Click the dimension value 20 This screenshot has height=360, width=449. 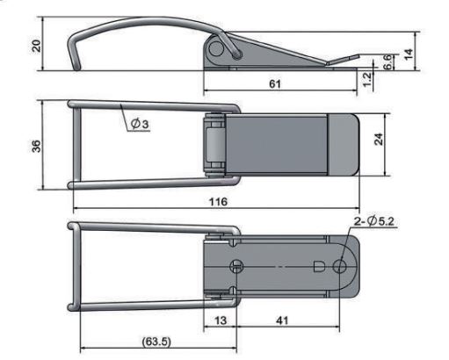(36, 46)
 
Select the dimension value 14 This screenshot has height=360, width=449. (409, 54)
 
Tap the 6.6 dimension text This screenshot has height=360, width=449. (387, 61)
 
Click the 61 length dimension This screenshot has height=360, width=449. (275, 84)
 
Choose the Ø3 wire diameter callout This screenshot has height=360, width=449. (140, 124)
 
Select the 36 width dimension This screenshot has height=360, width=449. (36, 146)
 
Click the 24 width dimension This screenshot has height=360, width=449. (379, 139)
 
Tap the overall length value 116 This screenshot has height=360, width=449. (218, 202)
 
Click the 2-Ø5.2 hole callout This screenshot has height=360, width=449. (374, 221)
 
